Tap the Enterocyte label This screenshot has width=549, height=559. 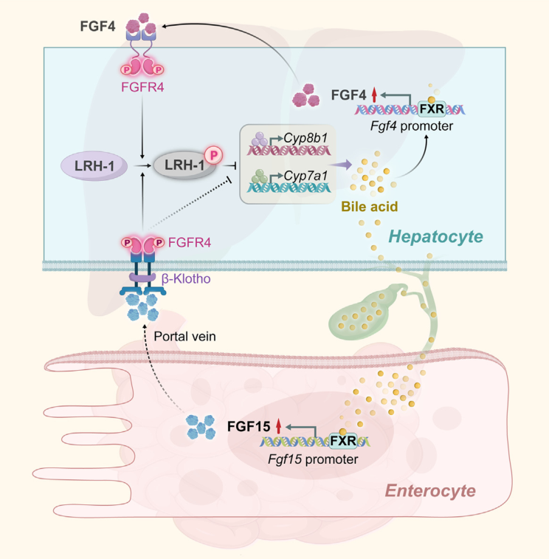click(x=432, y=490)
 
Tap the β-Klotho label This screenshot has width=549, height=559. click(x=186, y=280)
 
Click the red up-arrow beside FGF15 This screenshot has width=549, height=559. click(x=278, y=426)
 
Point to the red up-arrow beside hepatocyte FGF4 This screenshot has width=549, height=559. click(x=375, y=95)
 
